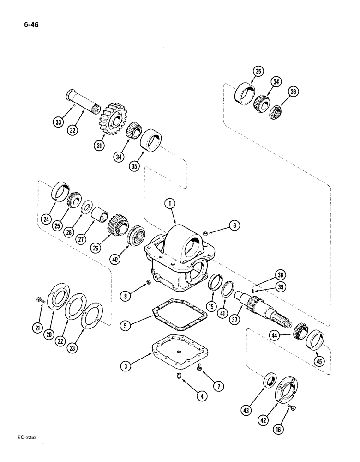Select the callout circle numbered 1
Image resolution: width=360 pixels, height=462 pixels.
pos(171,203)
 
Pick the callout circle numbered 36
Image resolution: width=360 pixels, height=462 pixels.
pos(293,92)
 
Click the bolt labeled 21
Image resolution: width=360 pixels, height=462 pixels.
pos(40,301)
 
